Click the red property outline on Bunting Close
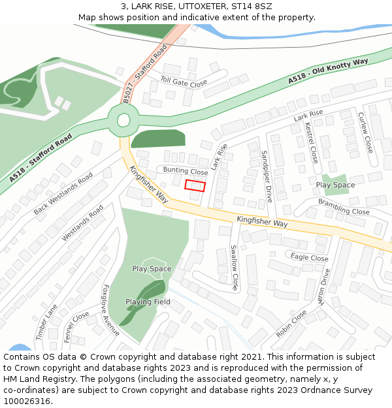pyautogui.click(x=195, y=185)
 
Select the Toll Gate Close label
pyautogui.click(x=184, y=83)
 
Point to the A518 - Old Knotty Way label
pyautogui.click(x=329, y=71)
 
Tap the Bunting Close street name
pyautogui.click(x=186, y=171)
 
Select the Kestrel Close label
pyautogui.click(x=312, y=143)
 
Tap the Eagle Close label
pyautogui.click(x=309, y=258)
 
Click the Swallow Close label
pyautogui.click(x=233, y=268)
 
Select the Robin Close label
pyautogui.click(x=291, y=324)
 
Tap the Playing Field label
pyautogui.click(x=148, y=302)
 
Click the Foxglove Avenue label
pyautogui.click(x=110, y=309)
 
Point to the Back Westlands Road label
pyautogui.click(x=63, y=195)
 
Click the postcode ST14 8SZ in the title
pyautogui.click(x=247, y=6)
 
